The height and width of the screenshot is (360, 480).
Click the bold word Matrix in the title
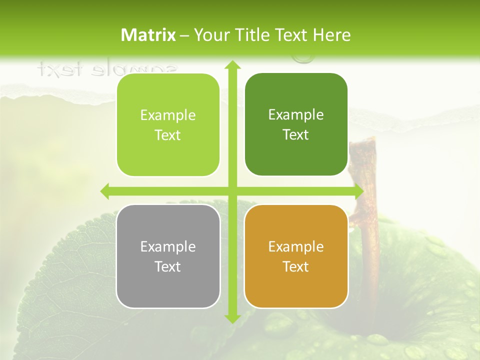[148, 35]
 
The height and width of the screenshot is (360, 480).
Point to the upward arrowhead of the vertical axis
[232, 65]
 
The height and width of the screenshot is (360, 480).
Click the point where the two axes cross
[232, 191]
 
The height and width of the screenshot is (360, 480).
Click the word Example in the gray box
[168, 246]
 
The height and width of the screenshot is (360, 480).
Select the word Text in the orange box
[296, 266]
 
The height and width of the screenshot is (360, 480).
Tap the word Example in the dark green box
[296, 114]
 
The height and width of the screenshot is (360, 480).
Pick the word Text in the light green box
[168, 135]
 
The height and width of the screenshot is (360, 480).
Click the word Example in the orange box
[296, 246]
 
